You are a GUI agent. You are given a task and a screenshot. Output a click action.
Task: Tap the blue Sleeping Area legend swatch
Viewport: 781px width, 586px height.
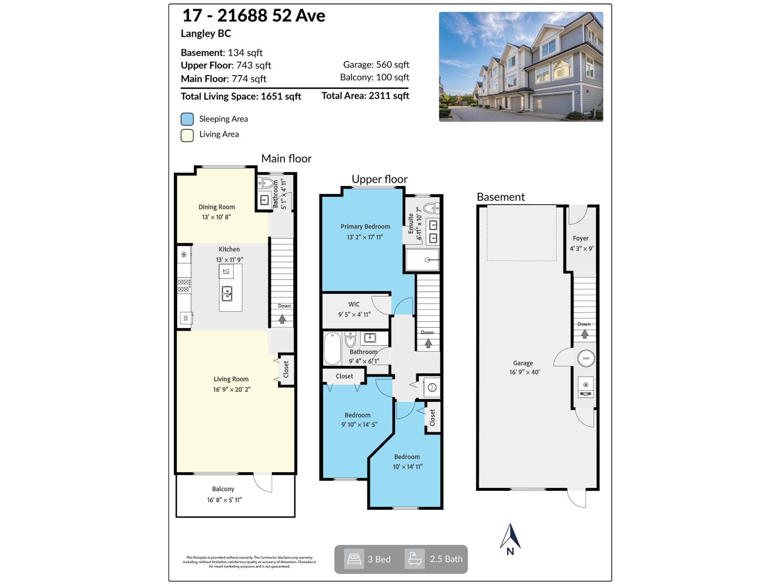point(187,119)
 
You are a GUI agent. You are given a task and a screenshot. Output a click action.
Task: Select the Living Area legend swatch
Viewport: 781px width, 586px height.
point(187,135)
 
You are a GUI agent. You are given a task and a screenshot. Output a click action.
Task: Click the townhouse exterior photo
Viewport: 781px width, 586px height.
point(521,67)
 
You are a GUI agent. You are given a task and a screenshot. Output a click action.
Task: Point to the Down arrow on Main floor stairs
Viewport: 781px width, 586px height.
point(282,319)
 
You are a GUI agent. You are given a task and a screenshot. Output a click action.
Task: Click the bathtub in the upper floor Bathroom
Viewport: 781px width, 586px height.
point(332,348)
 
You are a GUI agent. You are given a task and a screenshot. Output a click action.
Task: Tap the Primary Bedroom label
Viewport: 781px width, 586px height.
point(365,227)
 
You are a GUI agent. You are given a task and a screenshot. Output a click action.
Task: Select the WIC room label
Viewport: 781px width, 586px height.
point(354,304)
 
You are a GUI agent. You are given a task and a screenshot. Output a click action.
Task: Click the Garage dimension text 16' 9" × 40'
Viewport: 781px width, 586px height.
point(524,372)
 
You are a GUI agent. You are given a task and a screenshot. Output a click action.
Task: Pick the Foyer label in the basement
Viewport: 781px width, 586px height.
point(580,238)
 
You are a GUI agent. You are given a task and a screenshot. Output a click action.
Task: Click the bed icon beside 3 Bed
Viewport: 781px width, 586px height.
point(353,559)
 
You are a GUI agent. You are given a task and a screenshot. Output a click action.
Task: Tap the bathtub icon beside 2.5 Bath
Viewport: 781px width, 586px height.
point(414,559)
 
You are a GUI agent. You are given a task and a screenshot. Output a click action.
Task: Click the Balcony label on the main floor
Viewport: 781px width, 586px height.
point(223,489)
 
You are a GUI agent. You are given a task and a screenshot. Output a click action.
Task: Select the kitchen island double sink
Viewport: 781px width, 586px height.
point(227,293)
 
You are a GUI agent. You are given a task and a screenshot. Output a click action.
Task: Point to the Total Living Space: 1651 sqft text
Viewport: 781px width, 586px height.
point(241,96)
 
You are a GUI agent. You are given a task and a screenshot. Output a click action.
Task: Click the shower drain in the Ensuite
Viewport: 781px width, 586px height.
point(428,260)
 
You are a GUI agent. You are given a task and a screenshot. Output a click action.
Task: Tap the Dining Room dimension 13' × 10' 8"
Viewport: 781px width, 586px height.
point(216,217)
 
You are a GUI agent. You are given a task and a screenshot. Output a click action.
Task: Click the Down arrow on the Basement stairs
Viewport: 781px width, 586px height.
point(584,335)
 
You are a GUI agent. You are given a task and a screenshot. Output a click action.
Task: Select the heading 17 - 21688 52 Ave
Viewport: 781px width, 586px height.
point(253,16)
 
